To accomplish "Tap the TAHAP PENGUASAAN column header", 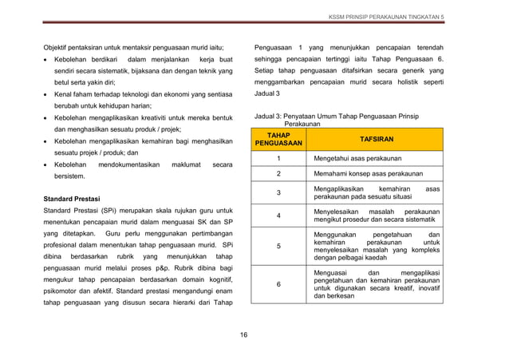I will tap(278, 140).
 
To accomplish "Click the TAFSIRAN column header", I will tap(375, 139).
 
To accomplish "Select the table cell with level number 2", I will tap(278, 174).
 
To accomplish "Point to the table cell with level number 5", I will tap(278, 247).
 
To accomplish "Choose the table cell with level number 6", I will tap(278, 284).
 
